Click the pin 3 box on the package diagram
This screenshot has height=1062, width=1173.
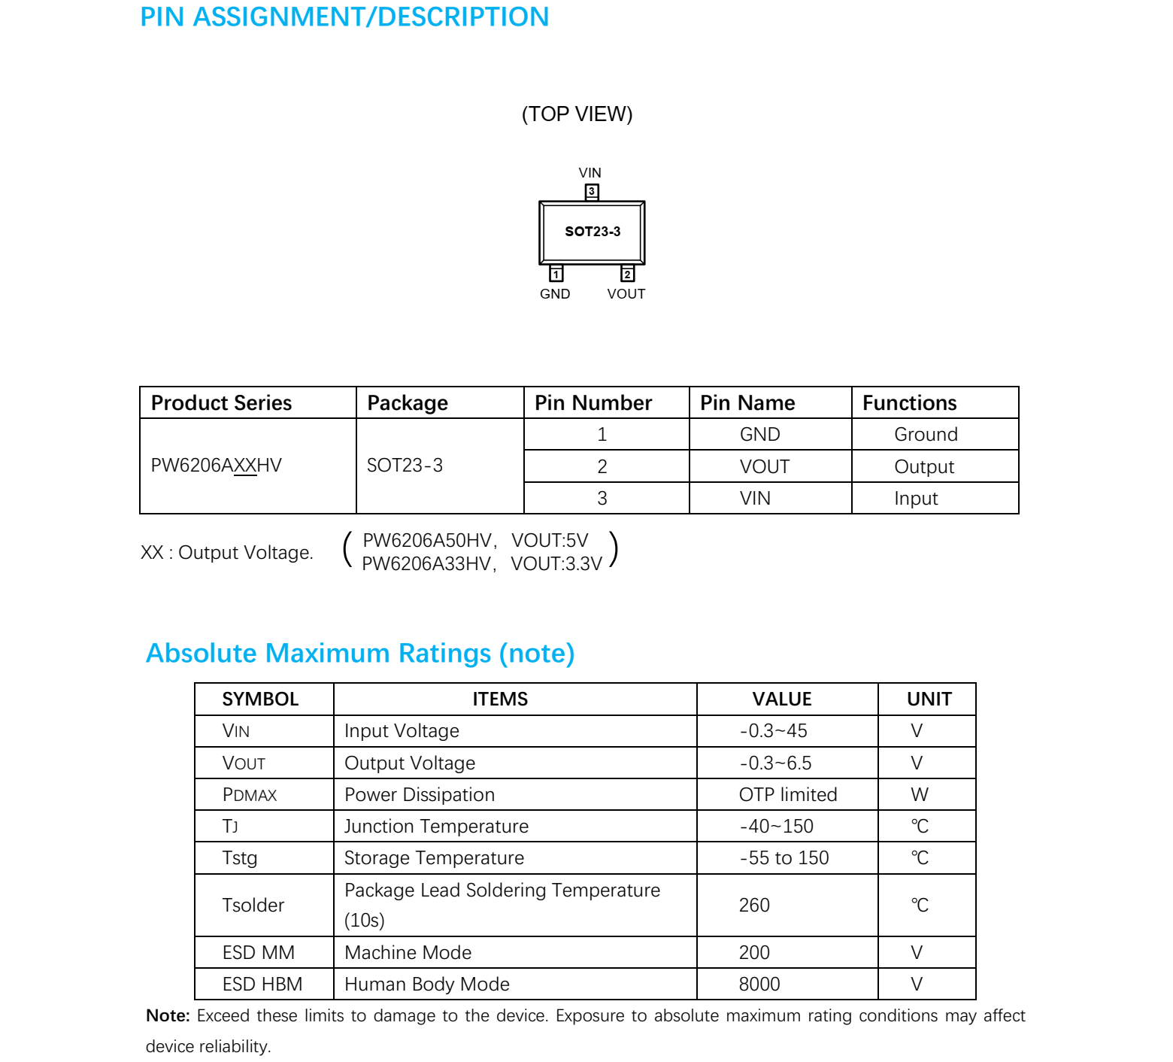pos(592,192)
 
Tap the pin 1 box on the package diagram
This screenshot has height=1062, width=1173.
pos(556,274)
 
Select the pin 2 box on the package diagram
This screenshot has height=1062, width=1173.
pos(627,274)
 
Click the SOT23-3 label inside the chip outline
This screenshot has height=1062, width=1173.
pos(593,232)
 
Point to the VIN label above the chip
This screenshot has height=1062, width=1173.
pos(590,173)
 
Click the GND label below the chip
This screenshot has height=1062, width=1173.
pos(555,294)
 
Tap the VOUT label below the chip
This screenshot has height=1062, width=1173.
pos(626,294)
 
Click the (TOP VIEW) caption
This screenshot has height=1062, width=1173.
pos(577,114)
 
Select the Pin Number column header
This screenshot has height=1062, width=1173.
pos(593,403)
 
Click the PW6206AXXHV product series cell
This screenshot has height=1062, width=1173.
pos(217,466)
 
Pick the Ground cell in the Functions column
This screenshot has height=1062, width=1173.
pos(926,435)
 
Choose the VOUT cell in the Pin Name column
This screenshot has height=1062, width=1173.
pos(764,467)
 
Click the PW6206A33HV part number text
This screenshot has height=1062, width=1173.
pos(426,564)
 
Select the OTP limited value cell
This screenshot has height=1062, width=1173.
pos(787,795)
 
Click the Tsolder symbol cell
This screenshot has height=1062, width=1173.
pos(253,906)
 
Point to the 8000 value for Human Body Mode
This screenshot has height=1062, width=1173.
pos(759,985)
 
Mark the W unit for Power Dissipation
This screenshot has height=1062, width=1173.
pos(920,795)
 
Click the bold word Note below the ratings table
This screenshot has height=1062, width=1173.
pos(168,1016)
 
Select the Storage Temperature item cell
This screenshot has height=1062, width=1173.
pos(434,858)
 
